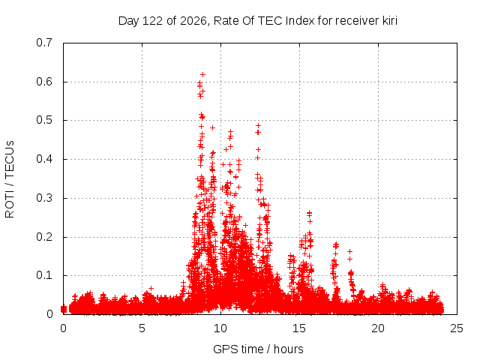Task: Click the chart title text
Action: click(258, 21)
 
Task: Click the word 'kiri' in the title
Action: click(390, 21)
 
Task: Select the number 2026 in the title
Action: click(193, 21)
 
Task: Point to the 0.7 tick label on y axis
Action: click(44, 43)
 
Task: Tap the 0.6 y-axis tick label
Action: click(44, 82)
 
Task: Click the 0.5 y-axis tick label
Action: click(44, 120)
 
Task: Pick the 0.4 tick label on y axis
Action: click(44, 159)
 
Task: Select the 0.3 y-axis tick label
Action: click(44, 198)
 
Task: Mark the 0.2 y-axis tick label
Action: click(44, 237)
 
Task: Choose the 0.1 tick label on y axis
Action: click(44, 275)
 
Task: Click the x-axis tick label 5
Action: click(142, 328)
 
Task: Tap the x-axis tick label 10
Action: click(220, 328)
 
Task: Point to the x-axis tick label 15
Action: click(299, 328)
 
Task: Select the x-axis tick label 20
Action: click(378, 328)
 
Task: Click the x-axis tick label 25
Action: click(457, 328)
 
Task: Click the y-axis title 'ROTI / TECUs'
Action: click(10, 179)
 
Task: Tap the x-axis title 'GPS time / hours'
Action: click(258, 349)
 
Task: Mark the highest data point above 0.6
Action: click(202, 75)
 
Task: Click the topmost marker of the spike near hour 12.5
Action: click(258, 125)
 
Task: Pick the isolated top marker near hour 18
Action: click(349, 252)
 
